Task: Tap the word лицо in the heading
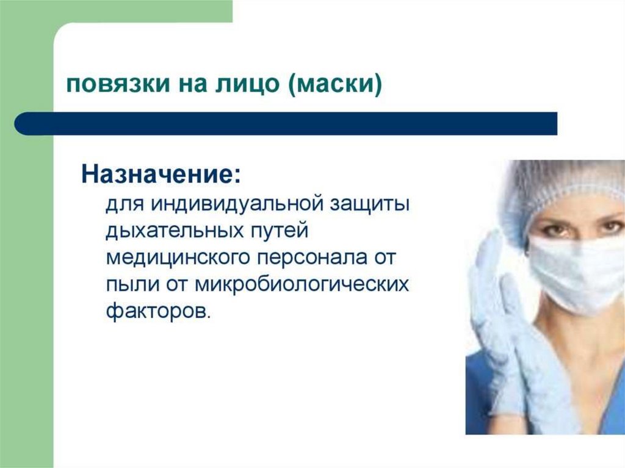point(247,84)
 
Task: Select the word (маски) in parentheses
point(334,84)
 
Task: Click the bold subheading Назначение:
point(161,174)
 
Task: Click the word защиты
point(369,206)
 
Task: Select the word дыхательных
point(175,231)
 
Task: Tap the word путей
point(280,231)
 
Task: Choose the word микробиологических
point(302,284)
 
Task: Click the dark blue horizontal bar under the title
point(286,123)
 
